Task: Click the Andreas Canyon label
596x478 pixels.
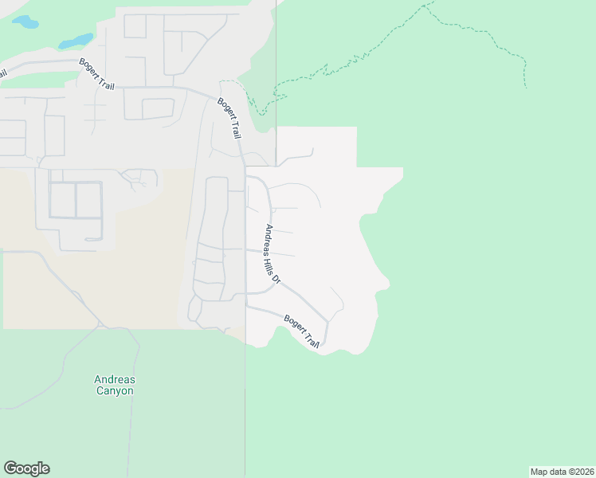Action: (114, 386)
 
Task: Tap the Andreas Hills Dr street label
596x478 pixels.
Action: (273, 254)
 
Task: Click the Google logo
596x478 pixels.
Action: (26, 468)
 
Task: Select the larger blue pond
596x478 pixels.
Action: (75, 40)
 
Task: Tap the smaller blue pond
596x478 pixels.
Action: (25, 22)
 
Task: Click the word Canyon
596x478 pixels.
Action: (114, 391)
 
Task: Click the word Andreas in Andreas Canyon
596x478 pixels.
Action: (114, 380)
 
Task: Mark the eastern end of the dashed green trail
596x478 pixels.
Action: (526, 86)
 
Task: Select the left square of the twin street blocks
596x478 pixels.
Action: (62, 200)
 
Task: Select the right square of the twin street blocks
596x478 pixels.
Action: (89, 200)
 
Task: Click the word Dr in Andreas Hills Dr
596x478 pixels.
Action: (277, 278)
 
